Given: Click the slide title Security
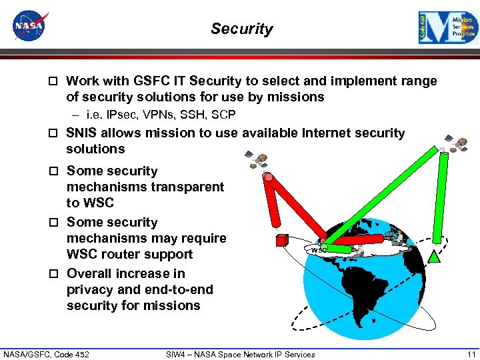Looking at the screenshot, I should [241, 29].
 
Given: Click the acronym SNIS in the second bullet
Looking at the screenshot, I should [82, 133].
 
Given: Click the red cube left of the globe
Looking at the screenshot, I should [282, 240].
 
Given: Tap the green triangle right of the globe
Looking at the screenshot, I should [435, 255].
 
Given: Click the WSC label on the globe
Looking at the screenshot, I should [319, 250].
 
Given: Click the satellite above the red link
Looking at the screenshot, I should [257, 159].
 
